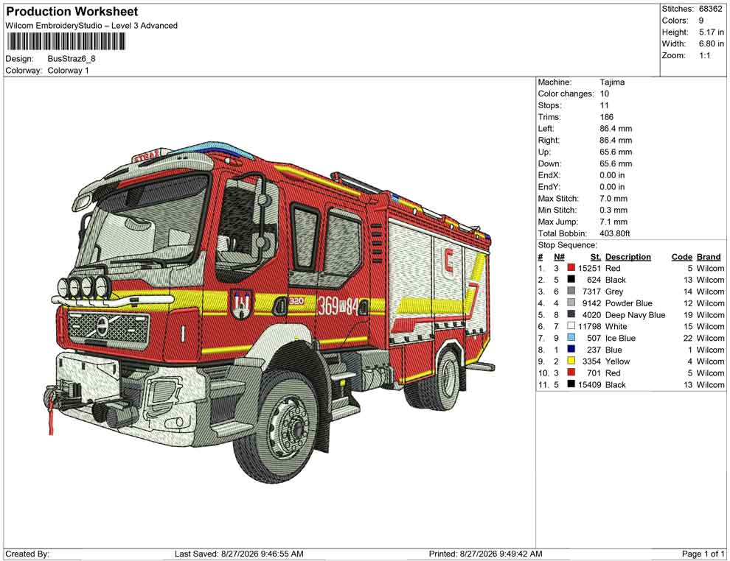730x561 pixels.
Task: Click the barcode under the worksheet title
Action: (x=66, y=42)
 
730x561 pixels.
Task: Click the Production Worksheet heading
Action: (x=72, y=11)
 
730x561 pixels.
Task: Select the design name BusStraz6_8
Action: (x=72, y=59)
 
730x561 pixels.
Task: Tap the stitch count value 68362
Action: (x=710, y=9)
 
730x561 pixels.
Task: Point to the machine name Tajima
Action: (x=612, y=82)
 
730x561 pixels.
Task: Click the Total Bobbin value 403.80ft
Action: (x=614, y=233)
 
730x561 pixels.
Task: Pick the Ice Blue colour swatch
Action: (x=571, y=338)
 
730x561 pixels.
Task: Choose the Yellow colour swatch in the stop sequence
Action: (x=571, y=361)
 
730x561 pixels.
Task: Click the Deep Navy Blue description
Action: (x=635, y=314)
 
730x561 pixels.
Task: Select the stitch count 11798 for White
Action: (x=589, y=326)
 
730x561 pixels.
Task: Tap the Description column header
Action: (x=628, y=257)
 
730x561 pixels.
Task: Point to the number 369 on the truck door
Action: (x=327, y=306)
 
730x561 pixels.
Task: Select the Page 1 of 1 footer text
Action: (x=703, y=554)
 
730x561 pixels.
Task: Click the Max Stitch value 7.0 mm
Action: (x=613, y=199)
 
